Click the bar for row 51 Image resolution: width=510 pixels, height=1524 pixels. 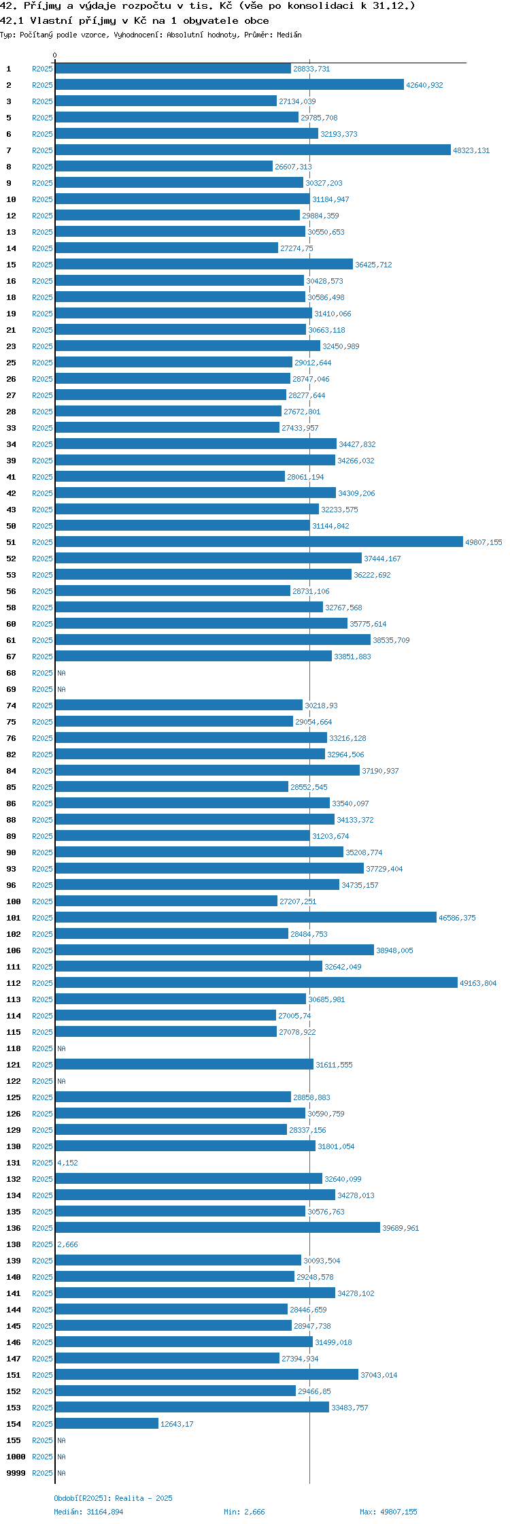click(x=259, y=542)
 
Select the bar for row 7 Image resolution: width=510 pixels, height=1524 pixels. click(x=253, y=150)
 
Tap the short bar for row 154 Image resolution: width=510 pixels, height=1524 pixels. click(x=107, y=1423)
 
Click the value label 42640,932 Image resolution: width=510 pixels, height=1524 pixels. click(x=424, y=85)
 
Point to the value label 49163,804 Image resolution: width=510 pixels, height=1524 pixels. click(x=478, y=983)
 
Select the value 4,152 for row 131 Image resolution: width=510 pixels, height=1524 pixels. click(x=67, y=1163)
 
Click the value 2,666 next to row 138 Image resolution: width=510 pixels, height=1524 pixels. click(x=67, y=1244)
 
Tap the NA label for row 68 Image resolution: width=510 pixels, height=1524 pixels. click(x=61, y=673)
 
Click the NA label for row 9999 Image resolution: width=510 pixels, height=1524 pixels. click(x=61, y=1473)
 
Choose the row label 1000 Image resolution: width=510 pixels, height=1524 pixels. click(x=16, y=1457)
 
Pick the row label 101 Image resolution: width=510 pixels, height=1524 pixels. click(x=14, y=918)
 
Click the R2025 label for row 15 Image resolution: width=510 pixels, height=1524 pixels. click(x=42, y=265)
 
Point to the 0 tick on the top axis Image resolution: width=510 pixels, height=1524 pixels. click(x=55, y=55)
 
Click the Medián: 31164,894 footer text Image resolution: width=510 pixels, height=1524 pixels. click(x=88, y=1512)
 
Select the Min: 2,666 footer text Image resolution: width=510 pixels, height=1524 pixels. click(x=244, y=1512)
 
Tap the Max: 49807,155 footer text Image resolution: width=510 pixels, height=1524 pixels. click(x=388, y=1512)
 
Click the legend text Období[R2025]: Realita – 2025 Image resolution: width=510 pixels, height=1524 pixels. click(x=113, y=1498)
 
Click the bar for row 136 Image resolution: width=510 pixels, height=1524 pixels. click(x=218, y=1227)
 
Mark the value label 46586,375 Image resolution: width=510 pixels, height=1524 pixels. click(x=457, y=918)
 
